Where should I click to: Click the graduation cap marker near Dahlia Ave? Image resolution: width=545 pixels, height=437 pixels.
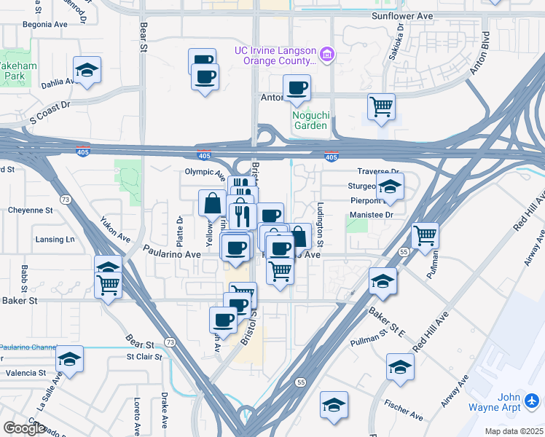[x=87, y=70]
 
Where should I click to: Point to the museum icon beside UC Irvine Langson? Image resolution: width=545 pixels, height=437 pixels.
[x=327, y=54]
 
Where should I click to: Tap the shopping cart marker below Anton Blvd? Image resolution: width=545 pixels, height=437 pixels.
[x=381, y=107]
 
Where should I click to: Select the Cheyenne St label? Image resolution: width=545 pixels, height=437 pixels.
[x=31, y=210]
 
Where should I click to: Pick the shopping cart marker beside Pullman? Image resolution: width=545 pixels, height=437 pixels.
[x=425, y=235]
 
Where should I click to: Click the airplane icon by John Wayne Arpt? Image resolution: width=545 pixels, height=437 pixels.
[x=532, y=400]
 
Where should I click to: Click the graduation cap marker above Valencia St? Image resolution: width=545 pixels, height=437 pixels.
[x=70, y=359]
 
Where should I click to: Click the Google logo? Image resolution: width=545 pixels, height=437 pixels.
[x=24, y=428]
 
